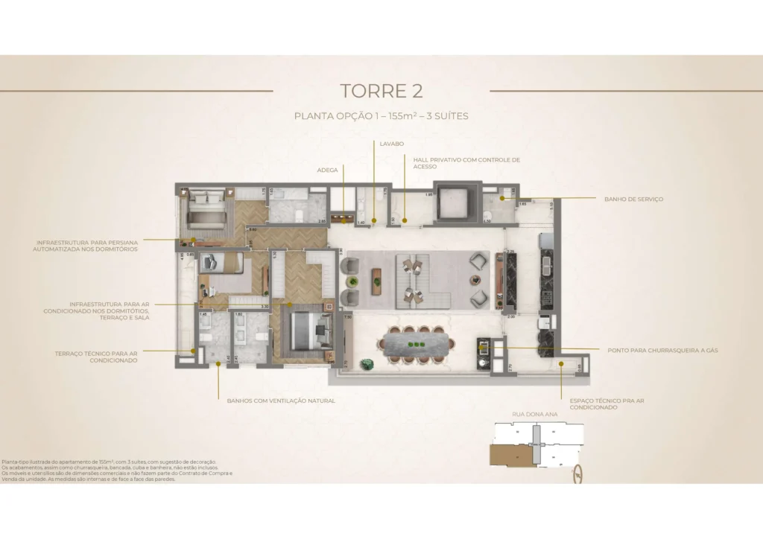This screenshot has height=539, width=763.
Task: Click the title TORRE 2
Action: [381, 91]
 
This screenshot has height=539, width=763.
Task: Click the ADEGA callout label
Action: [327, 170]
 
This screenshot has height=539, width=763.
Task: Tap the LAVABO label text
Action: [391, 142]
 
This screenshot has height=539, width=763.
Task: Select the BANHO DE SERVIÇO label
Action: [633, 199]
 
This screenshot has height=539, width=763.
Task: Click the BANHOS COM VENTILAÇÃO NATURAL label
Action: [281, 401]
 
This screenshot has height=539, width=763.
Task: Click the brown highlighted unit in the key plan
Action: [508, 453]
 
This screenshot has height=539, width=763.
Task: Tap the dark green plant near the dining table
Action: [366, 364]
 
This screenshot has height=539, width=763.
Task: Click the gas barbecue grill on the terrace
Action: [484, 350]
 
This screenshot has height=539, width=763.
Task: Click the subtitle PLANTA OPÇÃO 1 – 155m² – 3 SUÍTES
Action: [381, 116]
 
